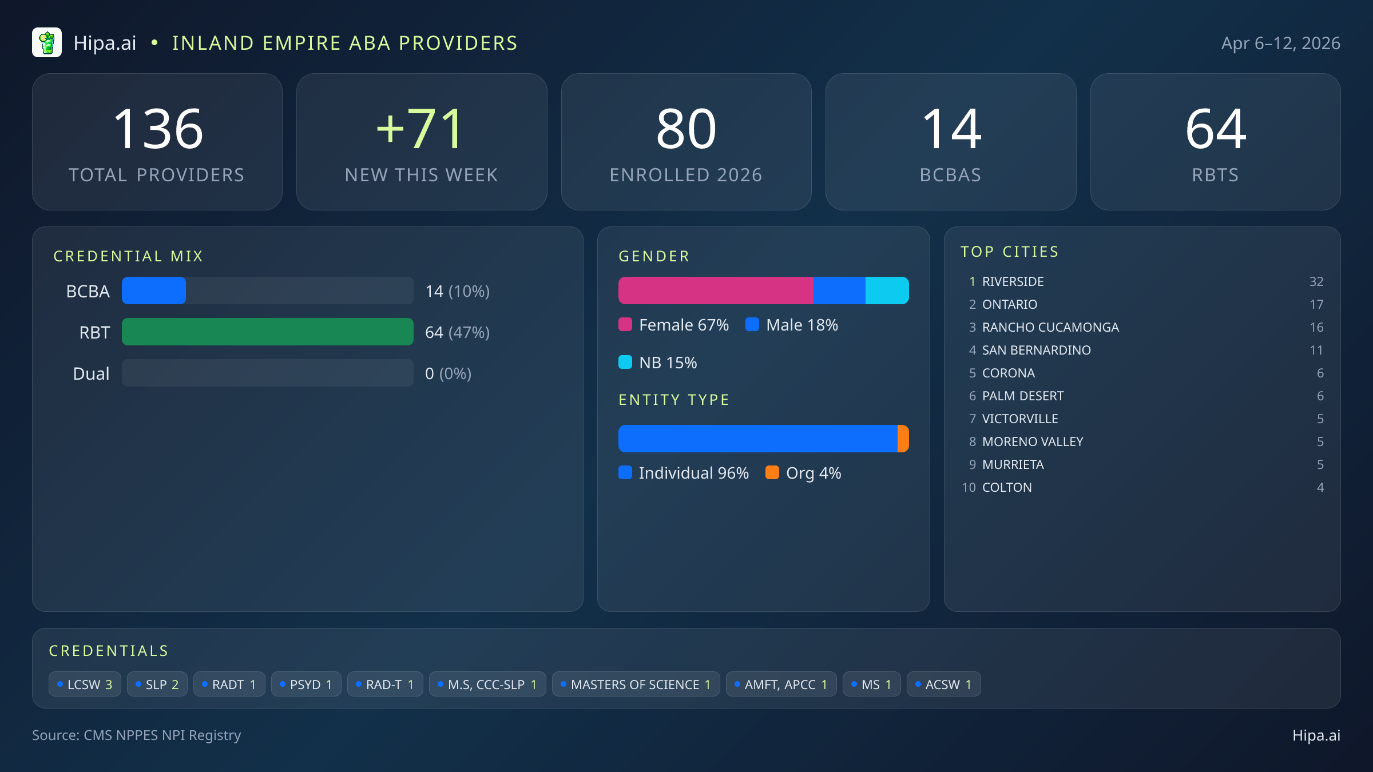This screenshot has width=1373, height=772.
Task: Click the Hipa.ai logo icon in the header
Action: [x=47, y=43]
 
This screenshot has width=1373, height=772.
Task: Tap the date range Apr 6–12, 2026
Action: [x=1280, y=43]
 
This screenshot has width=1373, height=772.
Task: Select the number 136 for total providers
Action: [x=158, y=130]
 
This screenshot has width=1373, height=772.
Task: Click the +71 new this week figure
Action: [x=420, y=130]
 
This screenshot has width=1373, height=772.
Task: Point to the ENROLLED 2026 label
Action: [x=685, y=175]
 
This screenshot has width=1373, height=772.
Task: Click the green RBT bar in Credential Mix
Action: [x=267, y=332]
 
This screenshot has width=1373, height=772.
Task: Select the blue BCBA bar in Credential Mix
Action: [x=154, y=291]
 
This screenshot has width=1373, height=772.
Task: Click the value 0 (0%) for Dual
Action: [x=448, y=373]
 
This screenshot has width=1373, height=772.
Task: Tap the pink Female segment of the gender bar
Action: [x=715, y=291]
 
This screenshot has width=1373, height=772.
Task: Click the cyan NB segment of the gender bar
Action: [x=887, y=291]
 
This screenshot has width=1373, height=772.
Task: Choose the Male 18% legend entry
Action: [x=792, y=325]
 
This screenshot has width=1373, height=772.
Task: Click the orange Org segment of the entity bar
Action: [x=903, y=439]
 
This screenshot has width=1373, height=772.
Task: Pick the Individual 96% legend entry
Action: [x=684, y=473]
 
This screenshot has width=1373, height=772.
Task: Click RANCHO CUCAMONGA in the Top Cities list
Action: [x=1050, y=327]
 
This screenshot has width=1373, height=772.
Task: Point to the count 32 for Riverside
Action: [x=1316, y=281]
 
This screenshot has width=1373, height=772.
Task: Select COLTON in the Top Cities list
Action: [x=1007, y=487]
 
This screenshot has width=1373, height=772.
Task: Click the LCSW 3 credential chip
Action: [x=85, y=685]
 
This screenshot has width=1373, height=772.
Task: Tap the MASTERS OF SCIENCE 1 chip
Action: [x=636, y=685]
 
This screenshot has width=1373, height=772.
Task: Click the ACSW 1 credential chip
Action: [x=943, y=685]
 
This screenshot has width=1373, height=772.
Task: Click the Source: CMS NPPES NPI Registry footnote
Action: [x=136, y=735]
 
